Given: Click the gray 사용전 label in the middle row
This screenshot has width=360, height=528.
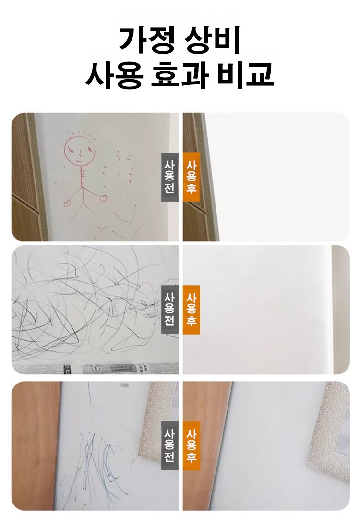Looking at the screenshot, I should click(x=169, y=310).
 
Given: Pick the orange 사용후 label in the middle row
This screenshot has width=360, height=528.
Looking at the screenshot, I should click(x=191, y=310).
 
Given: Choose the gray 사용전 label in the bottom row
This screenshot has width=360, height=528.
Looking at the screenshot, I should click(x=169, y=446).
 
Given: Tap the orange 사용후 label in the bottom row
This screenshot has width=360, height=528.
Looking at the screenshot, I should click(x=191, y=446).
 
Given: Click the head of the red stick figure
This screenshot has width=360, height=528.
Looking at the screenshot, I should click(x=77, y=150).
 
